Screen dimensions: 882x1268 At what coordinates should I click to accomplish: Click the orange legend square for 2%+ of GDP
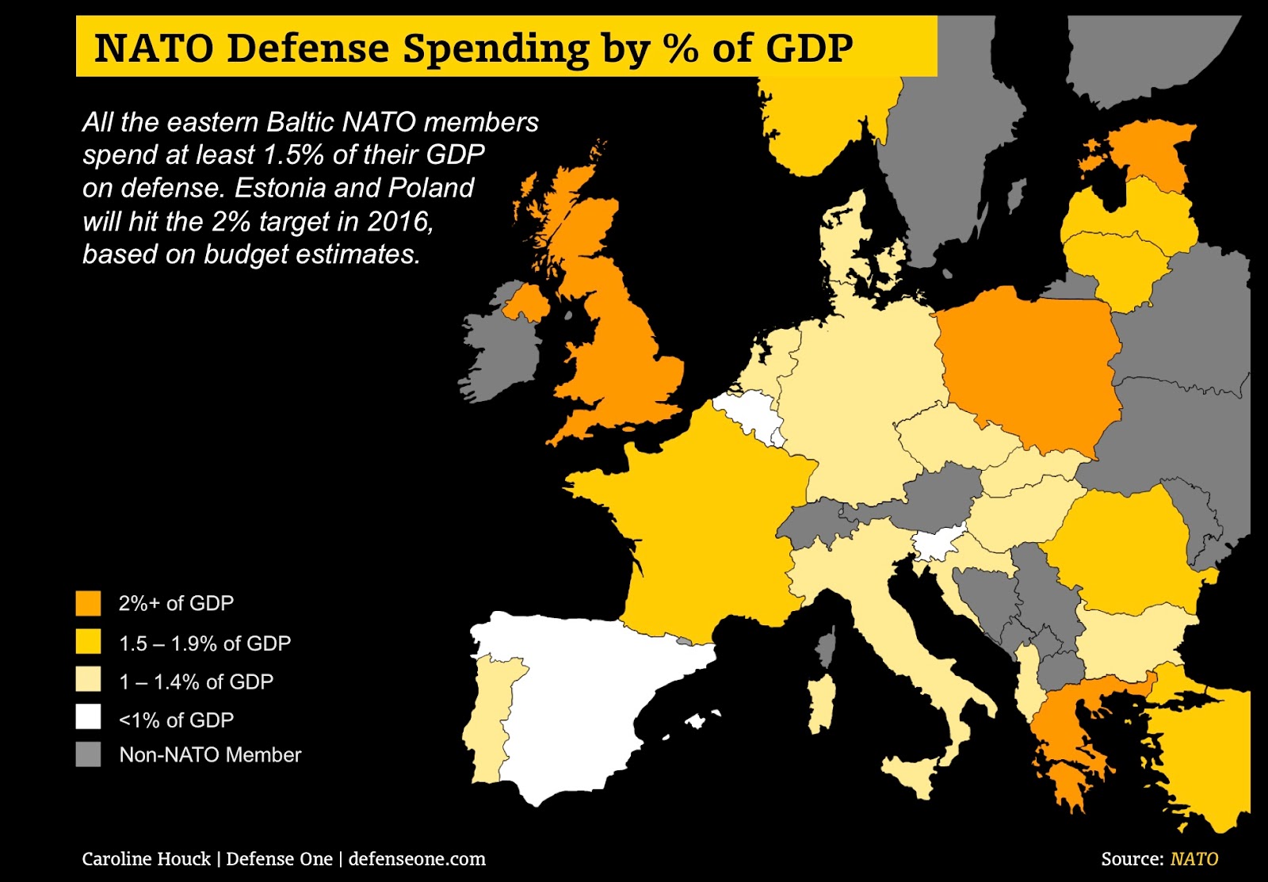click(x=88, y=603)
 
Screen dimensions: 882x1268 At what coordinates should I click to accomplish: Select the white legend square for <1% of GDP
click(x=88, y=716)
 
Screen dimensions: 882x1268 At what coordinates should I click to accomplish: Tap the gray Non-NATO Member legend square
click(x=88, y=754)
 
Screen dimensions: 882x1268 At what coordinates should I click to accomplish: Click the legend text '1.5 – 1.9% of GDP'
click(x=204, y=643)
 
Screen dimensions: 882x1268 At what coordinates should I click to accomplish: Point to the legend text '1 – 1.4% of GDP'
click(x=196, y=682)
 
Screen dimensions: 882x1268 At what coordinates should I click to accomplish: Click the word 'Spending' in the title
click(x=495, y=48)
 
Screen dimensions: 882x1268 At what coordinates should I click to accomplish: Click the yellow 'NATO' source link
click(x=1194, y=858)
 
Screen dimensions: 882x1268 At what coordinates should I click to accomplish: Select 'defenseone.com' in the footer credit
click(x=417, y=858)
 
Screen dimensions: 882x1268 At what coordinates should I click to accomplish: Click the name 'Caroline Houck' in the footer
click(x=147, y=858)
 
